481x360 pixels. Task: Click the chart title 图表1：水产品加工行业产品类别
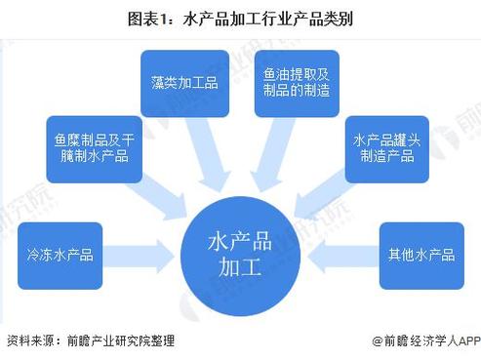(x=241, y=17)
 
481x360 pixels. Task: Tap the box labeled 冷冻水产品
(x=60, y=256)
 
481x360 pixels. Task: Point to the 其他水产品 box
(x=421, y=256)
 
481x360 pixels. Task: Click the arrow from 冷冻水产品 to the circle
(x=141, y=256)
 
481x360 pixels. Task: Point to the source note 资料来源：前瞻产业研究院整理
(x=91, y=341)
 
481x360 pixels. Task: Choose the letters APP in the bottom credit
(x=469, y=341)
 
